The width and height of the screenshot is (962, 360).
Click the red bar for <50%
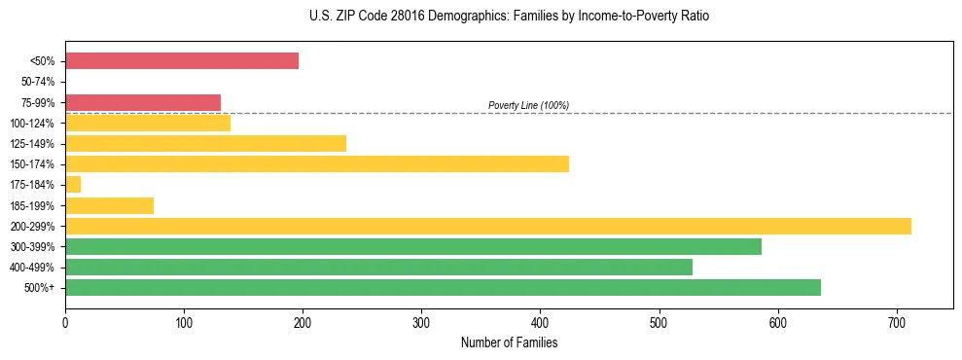point(182,61)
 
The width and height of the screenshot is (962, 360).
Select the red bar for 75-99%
point(143,102)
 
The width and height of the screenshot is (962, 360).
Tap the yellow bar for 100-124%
point(148,123)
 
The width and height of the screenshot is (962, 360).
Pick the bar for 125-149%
point(205,144)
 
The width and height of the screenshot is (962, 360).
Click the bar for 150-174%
point(317,164)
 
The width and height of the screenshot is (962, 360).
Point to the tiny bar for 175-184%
point(73,185)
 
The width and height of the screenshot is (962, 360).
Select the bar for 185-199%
point(109,205)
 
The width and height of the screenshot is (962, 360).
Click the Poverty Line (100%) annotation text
point(528,105)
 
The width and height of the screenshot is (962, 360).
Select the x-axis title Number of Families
point(509,342)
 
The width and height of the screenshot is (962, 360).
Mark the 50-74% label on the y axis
point(38,82)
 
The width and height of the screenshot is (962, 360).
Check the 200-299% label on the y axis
point(34,227)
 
